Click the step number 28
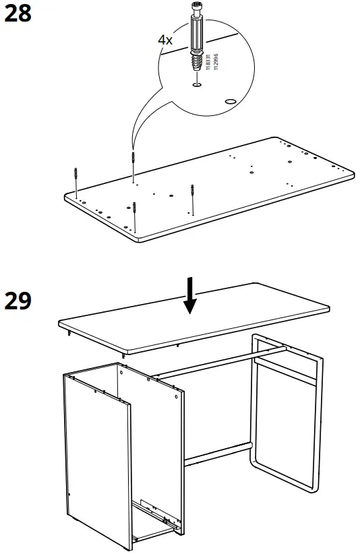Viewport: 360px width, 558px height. point(18,13)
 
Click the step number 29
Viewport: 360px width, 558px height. point(18,301)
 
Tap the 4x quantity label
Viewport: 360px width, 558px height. point(165,40)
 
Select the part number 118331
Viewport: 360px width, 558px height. point(208,64)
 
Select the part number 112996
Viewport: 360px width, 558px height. point(216,64)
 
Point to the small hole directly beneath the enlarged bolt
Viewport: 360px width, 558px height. point(196,85)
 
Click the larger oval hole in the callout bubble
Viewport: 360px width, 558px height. point(231,100)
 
